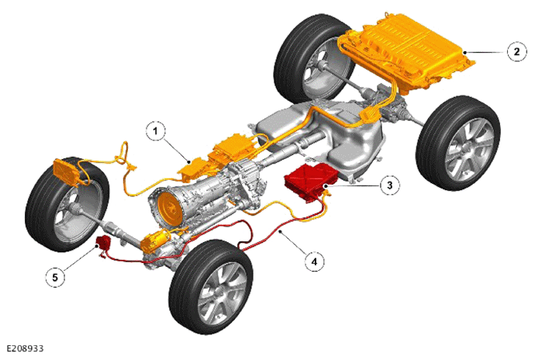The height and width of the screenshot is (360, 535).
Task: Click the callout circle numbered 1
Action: [156, 131]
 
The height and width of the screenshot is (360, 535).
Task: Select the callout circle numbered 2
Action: [516, 51]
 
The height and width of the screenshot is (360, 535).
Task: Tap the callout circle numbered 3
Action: [390, 185]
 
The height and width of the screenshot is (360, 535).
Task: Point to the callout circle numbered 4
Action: [314, 261]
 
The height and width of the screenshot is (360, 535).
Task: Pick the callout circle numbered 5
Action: [55, 277]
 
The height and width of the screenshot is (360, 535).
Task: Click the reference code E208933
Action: [26, 348]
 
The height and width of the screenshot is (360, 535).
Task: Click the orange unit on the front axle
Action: [154, 240]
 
